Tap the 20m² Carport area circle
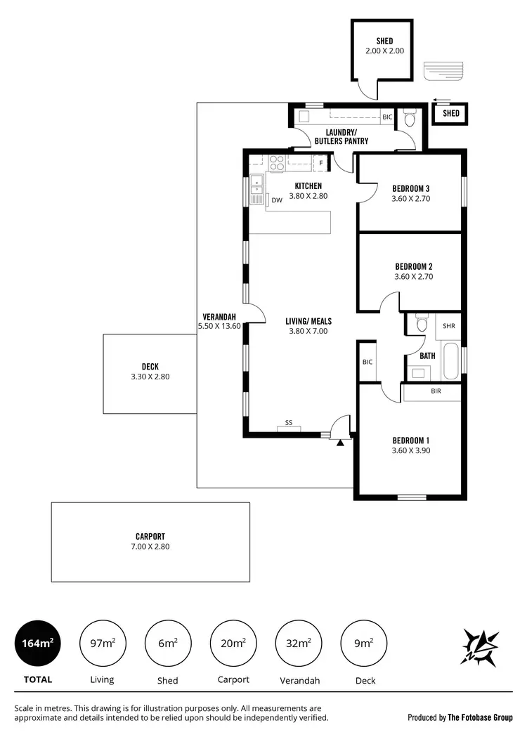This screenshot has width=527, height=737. pyautogui.click(x=233, y=642)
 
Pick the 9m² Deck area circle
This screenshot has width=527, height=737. pyautogui.click(x=363, y=642)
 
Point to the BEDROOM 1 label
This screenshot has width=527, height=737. pyautogui.click(x=410, y=441)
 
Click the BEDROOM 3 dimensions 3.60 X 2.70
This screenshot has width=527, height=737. pyautogui.click(x=410, y=199)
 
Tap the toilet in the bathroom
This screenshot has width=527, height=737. pyautogui.click(x=422, y=324)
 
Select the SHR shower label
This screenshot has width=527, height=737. pyautogui.click(x=450, y=326)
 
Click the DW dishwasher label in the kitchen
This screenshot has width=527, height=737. pyautogui.click(x=277, y=200)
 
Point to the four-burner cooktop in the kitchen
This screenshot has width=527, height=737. pyautogui.click(x=277, y=163)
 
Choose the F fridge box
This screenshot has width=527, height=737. pyautogui.click(x=321, y=164)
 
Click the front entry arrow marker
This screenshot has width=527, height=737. pyautogui.click(x=341, y=443)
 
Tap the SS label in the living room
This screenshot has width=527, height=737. pyautogui.click(x=289, y=423)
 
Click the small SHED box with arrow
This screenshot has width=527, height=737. pyautogui.click(x=450, y=113)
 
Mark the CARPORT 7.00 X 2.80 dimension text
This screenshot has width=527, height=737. pyautogui.click(x=150, y=546)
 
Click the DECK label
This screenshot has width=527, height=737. pyautogui.click(x=150, y=366)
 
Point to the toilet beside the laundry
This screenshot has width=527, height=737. pyautogui.click(x=409, y=119)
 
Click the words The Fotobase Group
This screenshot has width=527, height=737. pyautogui.click(x=481, y=717)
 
